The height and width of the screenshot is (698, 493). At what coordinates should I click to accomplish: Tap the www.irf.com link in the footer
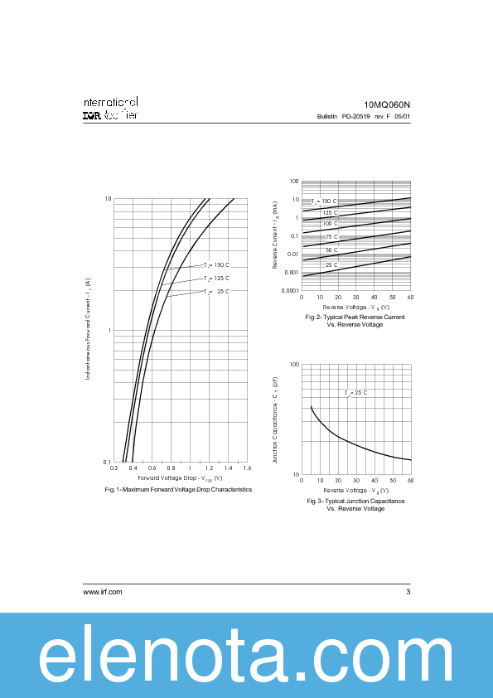(x=103, y=591)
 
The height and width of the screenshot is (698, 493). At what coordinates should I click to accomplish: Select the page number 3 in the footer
(x=408, y=591)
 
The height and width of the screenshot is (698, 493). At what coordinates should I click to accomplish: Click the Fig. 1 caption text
(x=178, y=490)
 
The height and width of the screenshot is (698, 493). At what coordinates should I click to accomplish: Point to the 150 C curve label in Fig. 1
(x=216, y=265)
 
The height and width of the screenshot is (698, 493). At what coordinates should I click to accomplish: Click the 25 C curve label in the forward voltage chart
(x=216, y=292)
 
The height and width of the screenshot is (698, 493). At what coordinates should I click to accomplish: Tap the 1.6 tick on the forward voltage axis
(x=247, y=468)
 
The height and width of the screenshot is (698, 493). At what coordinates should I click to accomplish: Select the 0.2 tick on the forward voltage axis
(x=114, y=468)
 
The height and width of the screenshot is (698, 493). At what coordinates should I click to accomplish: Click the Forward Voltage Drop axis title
(x=180, y=478)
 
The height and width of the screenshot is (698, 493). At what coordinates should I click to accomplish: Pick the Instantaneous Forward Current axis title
(x=89, y=329)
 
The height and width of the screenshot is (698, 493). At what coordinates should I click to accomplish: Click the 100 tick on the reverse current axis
(x=294, y=181)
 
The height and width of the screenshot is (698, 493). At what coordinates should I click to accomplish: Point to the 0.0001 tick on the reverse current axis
(x=290, y=290)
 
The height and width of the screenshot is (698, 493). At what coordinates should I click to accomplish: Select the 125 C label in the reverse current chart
(x=330, y=213)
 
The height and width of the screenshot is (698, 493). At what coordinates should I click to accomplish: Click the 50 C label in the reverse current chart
(x=331, y=250)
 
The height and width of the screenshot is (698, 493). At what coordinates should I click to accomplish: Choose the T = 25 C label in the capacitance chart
(x=356, y=392)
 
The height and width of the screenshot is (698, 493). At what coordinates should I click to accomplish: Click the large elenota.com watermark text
(x=246, y=657)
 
